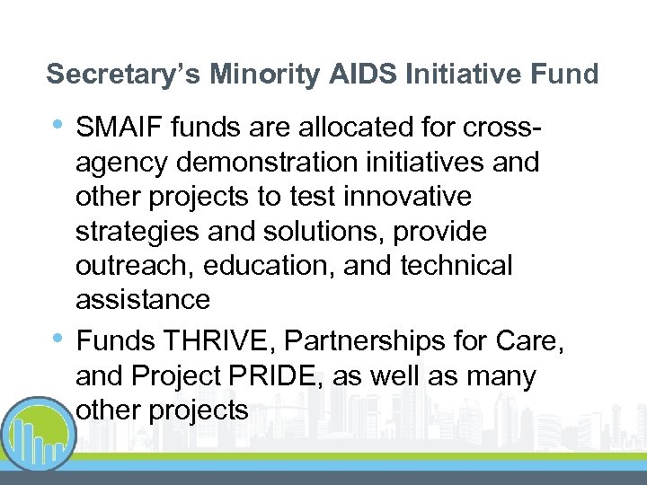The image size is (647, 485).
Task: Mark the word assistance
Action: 143,298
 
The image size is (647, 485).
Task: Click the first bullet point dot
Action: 58,124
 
